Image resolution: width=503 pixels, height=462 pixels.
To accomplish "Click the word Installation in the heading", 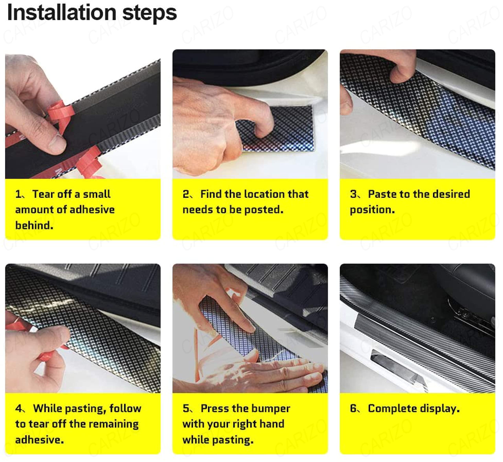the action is pyautogui.click(x=62, y=13).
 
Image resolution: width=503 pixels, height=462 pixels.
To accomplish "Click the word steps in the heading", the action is pyautogui.click(x=150, y=14).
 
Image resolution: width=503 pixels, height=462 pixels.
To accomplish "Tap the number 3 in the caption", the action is pyautogui.click(x=353, y=194).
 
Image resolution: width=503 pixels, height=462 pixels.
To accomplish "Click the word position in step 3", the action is pyautogui.click(x=372, y=210).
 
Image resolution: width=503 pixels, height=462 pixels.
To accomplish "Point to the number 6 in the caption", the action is pyautogui.click(x=353, y=409).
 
